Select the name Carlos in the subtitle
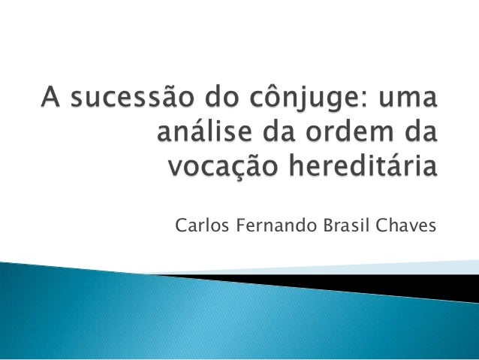click(x=197, y=225)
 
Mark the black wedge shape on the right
click(x=420, y=286)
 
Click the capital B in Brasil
click(x=312, y=225)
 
